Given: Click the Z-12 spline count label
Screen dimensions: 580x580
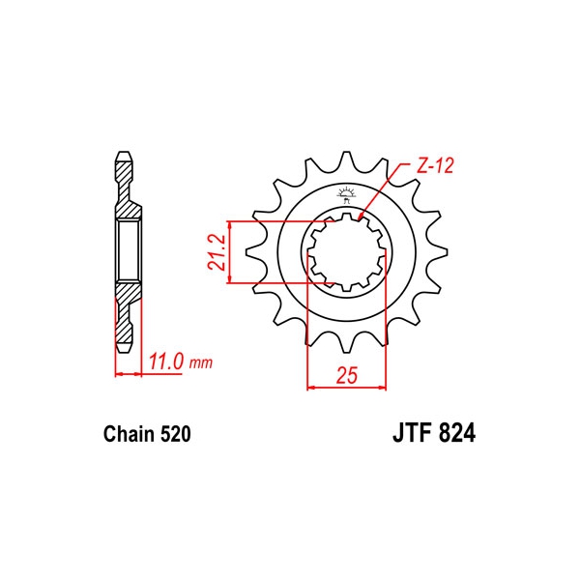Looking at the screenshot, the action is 435,166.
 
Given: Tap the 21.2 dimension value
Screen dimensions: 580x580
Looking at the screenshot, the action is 217,252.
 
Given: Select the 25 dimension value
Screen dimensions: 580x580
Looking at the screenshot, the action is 347,375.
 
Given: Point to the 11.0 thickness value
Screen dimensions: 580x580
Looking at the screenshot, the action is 166,362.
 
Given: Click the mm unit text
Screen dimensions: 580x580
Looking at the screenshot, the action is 201,363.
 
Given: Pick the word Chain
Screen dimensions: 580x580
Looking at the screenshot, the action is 130,434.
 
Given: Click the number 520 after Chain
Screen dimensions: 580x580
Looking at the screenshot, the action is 176,434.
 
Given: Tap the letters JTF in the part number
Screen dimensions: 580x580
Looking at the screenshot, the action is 413,433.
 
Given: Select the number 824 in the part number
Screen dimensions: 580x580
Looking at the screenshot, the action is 457,433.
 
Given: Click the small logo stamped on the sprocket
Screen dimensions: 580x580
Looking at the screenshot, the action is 346,195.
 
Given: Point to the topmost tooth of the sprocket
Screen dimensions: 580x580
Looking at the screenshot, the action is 347,159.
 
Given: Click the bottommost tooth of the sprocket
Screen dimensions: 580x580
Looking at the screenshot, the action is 347,343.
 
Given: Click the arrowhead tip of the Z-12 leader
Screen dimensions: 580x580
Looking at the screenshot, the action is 360,216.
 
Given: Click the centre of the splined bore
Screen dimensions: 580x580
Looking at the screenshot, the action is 347,252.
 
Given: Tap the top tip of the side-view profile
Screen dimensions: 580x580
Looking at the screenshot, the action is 124,152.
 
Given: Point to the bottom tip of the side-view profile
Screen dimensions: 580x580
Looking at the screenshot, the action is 124,352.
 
